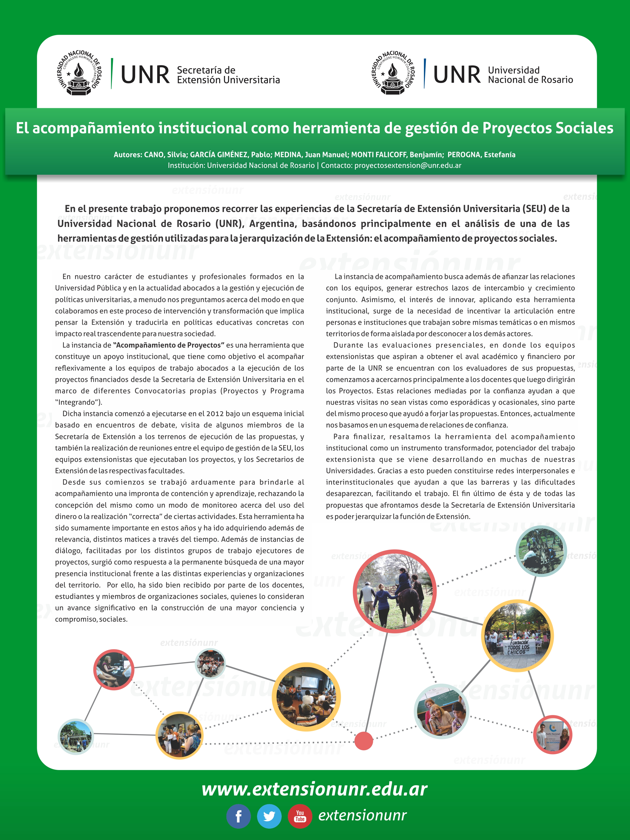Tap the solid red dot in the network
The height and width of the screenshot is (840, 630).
363,740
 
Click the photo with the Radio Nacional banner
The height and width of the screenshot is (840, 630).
552,735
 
